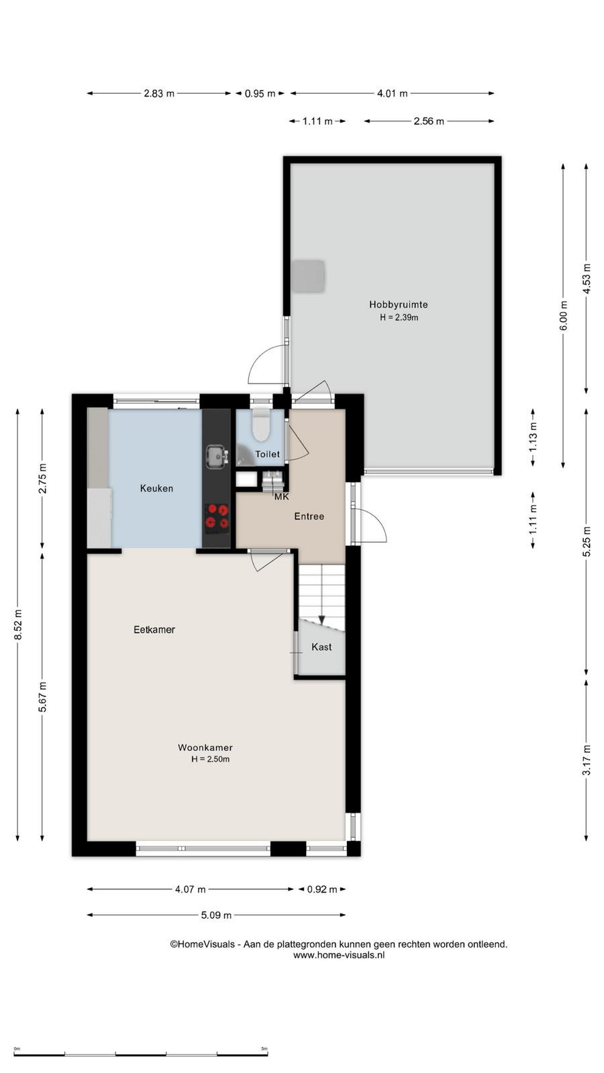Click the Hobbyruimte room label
coord(399,304)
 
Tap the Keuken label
coord(156,488)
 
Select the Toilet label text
coord(268,454)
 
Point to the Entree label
coord(309,516)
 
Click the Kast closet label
coord(321,647)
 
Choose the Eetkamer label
coord(154,630)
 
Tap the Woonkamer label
coord(205,747)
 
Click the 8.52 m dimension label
coord(17,624)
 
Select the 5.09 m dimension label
coord(216,915)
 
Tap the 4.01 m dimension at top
coord(392,93)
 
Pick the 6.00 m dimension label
coord(563,315)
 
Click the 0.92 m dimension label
coord(322,889)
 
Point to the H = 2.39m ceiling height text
coord(399,317)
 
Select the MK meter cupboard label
coord(281,497)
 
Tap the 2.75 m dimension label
coord(43,478)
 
